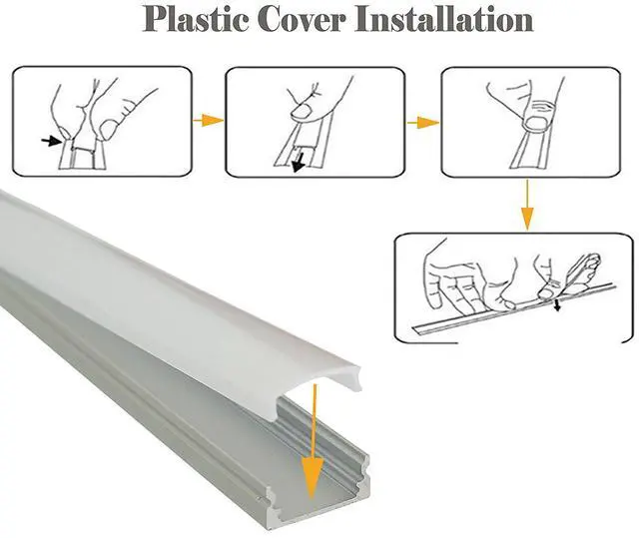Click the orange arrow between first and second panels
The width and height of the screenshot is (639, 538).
pyautogui.click(x=208, y=120)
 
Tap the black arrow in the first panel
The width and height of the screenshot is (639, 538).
pyautogui.click(x=49, y=143)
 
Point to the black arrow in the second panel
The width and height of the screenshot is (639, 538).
pyautogui.click(x=297, y=163)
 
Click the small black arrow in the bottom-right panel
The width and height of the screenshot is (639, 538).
pyautogui.click(x=557, y=304)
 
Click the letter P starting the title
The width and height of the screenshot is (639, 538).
pyautogui.click(x=157, y=20)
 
